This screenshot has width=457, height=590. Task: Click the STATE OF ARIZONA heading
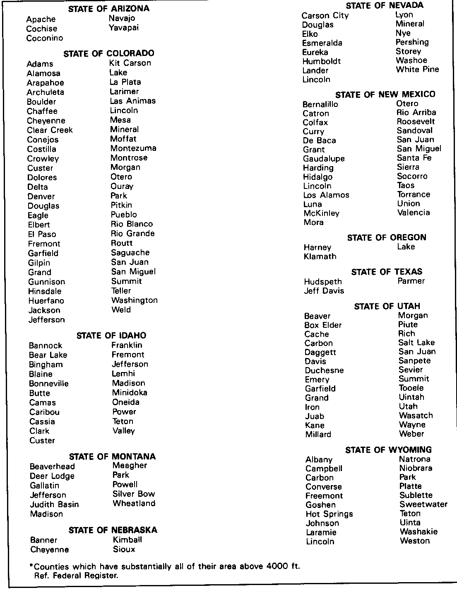click(x=108, y=8)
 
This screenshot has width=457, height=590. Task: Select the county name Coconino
click(x=45, y=38)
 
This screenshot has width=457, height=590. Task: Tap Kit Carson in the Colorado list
click(x=130, y=63)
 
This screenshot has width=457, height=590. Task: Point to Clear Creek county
click(x=50, y=130)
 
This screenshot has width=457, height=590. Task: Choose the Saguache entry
click(x=130, y=252)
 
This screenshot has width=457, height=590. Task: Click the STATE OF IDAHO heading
click(x=111, y=336)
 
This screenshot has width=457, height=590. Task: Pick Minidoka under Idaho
click(x=130, y=392)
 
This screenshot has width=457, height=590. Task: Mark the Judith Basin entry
click(x=54, y=504)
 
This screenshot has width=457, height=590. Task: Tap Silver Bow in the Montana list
click(x=134, y=494)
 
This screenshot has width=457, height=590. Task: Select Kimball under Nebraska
click(x=127, y=539)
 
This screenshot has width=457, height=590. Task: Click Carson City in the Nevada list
click(x=325, y=16)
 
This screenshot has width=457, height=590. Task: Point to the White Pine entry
click(x=417, y=69)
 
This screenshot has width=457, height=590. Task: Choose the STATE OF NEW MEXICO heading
click(x=385, y=94)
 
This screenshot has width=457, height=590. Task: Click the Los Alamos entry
click(x=326, y=195)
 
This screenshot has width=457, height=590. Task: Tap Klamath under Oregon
click(x=320, y=256)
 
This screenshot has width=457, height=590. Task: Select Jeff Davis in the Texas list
click(x=324, y=291)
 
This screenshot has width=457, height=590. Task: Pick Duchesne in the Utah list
click(x=324, y=370)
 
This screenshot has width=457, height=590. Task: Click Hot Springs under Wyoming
click(x=329, y=514)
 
